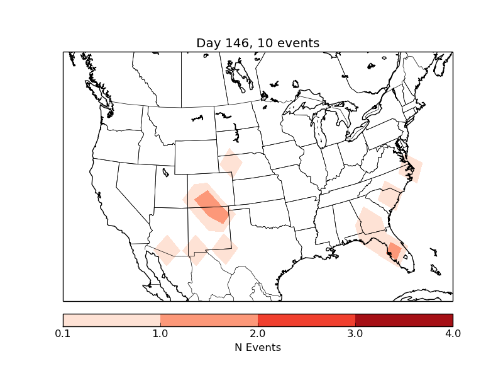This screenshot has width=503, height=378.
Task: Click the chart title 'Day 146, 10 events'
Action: point(258,43)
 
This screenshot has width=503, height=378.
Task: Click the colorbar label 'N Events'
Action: point(258,347)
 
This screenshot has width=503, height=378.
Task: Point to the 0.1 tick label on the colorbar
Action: point(63,333)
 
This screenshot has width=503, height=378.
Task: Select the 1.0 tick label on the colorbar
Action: point(160,333)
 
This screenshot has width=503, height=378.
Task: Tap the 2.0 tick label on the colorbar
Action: point(258,333)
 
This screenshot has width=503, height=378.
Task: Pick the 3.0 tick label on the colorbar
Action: point(355,333)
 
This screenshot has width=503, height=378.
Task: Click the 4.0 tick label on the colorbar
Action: point(452,333)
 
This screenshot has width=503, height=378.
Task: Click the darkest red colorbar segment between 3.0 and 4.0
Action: point(404,319)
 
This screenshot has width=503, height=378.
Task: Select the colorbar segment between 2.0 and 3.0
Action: point(306,319)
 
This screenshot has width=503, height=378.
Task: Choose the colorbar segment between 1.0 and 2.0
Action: point(209,319)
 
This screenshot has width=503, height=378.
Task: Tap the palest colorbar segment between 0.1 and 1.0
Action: point(111,319)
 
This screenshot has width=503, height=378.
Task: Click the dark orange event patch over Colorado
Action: point(213,207)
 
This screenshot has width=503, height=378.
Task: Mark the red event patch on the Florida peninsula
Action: point(395,251)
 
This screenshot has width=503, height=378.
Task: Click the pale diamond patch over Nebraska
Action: point(231,163)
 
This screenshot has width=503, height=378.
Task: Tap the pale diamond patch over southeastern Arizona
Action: point(167,249)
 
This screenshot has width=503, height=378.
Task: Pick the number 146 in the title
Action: point(233,43)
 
